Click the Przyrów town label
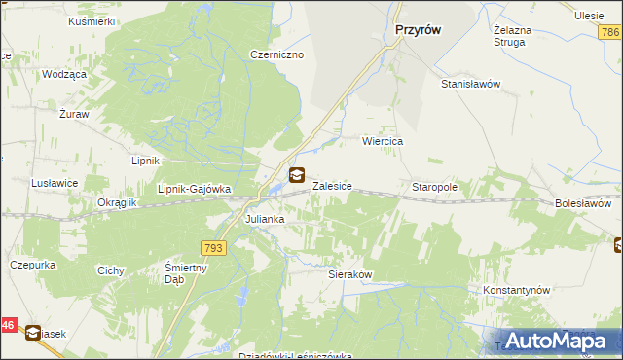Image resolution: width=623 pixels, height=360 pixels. coord(419,30)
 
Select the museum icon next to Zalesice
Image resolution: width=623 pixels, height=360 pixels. coord(297,176)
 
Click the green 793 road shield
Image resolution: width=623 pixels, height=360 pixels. coord(214,249)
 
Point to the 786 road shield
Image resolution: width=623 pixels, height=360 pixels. coord(610,33)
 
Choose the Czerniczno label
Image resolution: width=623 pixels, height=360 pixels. coord(277,54)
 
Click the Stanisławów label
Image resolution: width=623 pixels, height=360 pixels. coord(470,84)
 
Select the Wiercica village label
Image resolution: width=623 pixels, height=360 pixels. coord(383,141)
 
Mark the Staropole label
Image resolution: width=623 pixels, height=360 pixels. coord(434,187)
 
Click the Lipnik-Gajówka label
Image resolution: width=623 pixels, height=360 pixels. coord(194,189)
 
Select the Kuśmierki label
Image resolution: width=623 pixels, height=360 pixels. coord(92,20)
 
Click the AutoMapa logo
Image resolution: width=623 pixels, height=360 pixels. coord(551,341)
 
